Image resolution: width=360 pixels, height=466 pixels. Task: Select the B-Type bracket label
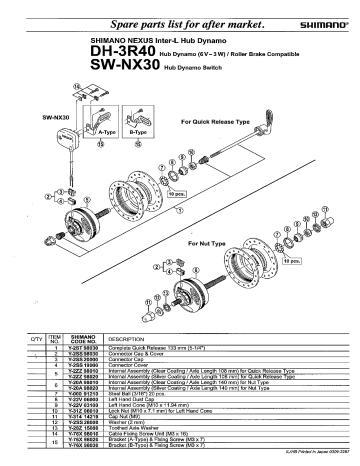tap(137, 131)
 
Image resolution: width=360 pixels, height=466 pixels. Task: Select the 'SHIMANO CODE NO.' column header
tap(81, 339)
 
